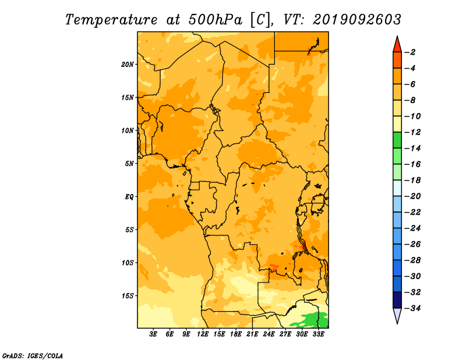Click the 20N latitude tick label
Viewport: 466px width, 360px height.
click(x=128, y=64)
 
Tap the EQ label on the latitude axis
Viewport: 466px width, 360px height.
click(x=129, y=197)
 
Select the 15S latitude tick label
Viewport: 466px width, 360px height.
click(x=128, y=296)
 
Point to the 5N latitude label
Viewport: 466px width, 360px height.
click(x=129, y=164)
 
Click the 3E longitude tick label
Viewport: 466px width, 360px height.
click(x=153, y=334)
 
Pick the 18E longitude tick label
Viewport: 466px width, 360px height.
click(x=236, y=334)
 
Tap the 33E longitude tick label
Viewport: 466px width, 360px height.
click(x=318, y=334)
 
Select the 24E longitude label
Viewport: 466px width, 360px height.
click(x=269, y=334)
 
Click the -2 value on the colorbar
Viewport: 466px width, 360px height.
click(x=411, y=52)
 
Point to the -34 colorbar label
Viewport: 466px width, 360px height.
click(x=413, y=308)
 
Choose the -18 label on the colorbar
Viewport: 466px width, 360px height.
click(x=413, y=181)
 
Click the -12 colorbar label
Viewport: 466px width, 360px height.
click(x=413, y=132)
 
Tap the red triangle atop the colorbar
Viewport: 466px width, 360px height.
click(x=397, y=45)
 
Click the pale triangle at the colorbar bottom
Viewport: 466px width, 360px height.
click(x=397, y=315)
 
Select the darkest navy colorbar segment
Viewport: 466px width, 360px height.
click(x=397, y=300)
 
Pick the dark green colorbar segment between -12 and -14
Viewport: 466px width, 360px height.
click(x=397, y=140)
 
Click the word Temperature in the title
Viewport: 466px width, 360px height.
click(x=111, y=20)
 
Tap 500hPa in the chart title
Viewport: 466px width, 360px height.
click(x=216, y=20)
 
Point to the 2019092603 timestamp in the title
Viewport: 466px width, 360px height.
click(x=357, y=20)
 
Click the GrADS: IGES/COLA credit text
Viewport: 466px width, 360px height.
click(x=33, y=355)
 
